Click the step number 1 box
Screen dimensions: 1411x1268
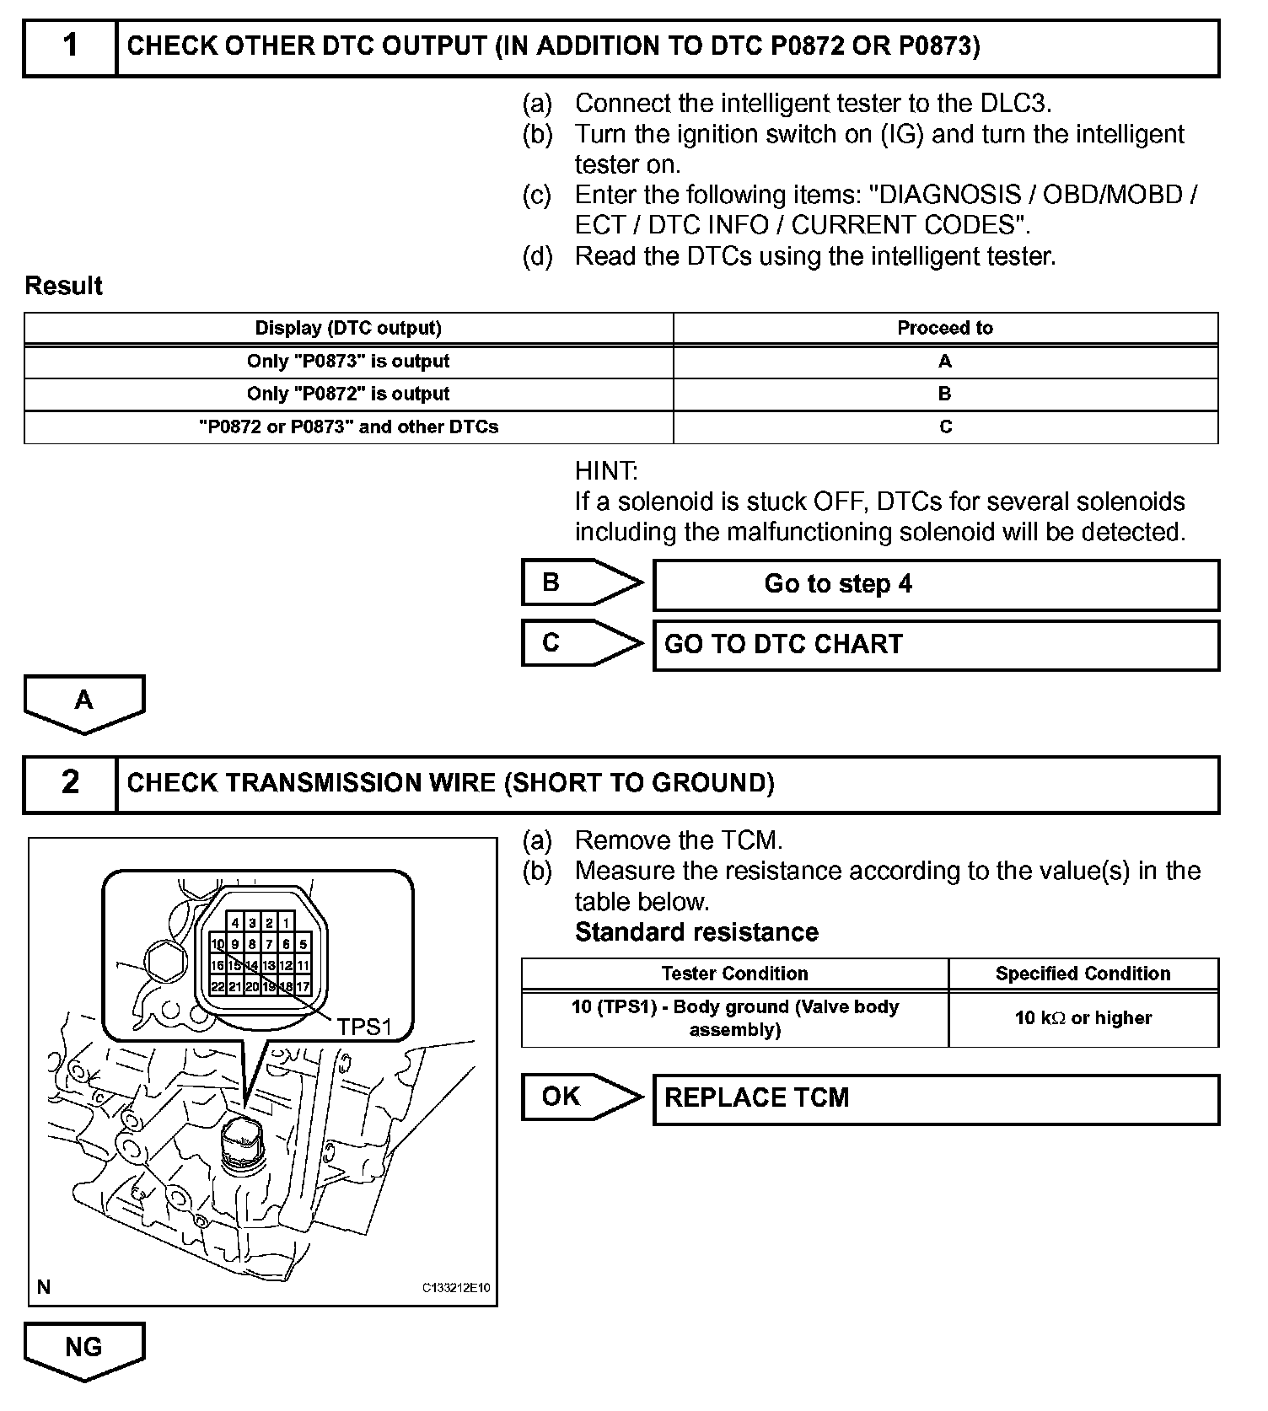[71, 47]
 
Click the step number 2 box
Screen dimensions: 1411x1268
[71, 784]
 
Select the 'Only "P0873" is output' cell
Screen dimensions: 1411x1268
[348, 362]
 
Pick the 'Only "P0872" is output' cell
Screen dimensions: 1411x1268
[348, 394]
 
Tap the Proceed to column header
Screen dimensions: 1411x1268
[945, 328]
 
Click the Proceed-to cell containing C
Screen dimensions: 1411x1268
[945, 427]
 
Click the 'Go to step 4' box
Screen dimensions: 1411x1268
[936, 585]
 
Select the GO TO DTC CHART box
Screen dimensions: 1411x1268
[936, 646]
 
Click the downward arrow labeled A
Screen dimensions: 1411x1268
[84, 702]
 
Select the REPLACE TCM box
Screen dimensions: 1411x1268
[936, 1099]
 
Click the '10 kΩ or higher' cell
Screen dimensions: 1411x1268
[1083, 1019]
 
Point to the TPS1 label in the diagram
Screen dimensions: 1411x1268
[364, 1027]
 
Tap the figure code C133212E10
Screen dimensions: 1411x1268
[455, 1288]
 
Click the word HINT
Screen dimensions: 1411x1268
[606, 471]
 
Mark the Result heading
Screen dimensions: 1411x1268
[64, 287]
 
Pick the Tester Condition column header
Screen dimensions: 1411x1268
[734, 974]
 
